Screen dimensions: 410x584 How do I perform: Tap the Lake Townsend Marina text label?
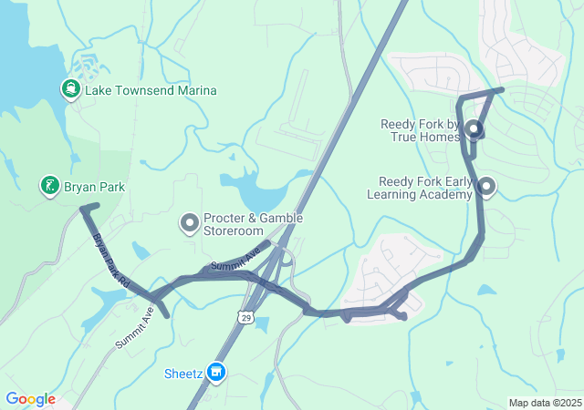151,90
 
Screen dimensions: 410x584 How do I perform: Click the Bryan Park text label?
94,188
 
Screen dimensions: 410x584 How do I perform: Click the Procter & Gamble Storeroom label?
253,224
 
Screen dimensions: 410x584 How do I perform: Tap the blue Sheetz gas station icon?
216,372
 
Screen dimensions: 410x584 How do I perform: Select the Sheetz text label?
183,373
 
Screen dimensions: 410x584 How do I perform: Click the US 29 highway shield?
245,316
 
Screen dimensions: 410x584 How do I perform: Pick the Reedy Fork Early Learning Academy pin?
486,187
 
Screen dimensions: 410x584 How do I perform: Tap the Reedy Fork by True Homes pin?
474,128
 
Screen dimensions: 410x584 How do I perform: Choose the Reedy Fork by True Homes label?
421,129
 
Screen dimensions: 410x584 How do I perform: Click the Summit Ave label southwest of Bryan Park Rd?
135,328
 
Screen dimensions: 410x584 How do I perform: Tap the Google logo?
30,399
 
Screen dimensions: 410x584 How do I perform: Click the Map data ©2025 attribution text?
545,403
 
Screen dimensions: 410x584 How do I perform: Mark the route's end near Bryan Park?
84,209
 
